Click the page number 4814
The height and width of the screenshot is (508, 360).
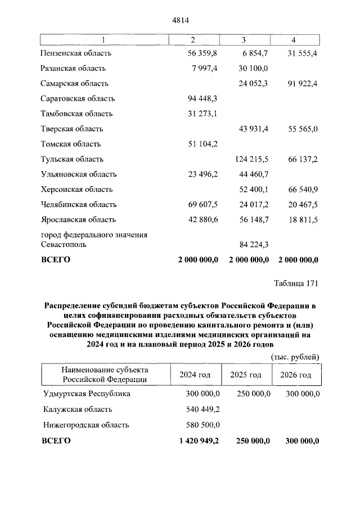(179, 21)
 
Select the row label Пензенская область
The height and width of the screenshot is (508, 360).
(76, 53)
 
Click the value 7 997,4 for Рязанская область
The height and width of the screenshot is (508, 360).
(202, 68)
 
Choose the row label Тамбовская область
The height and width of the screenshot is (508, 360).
(76, 114)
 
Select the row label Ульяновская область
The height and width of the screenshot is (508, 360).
(79, 174)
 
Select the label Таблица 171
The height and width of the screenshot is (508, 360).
(296, 282)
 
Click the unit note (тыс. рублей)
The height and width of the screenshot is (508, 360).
(295, 356)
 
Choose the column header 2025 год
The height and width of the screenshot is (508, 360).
(246, 375)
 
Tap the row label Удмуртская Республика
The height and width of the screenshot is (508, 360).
(85, 394)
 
